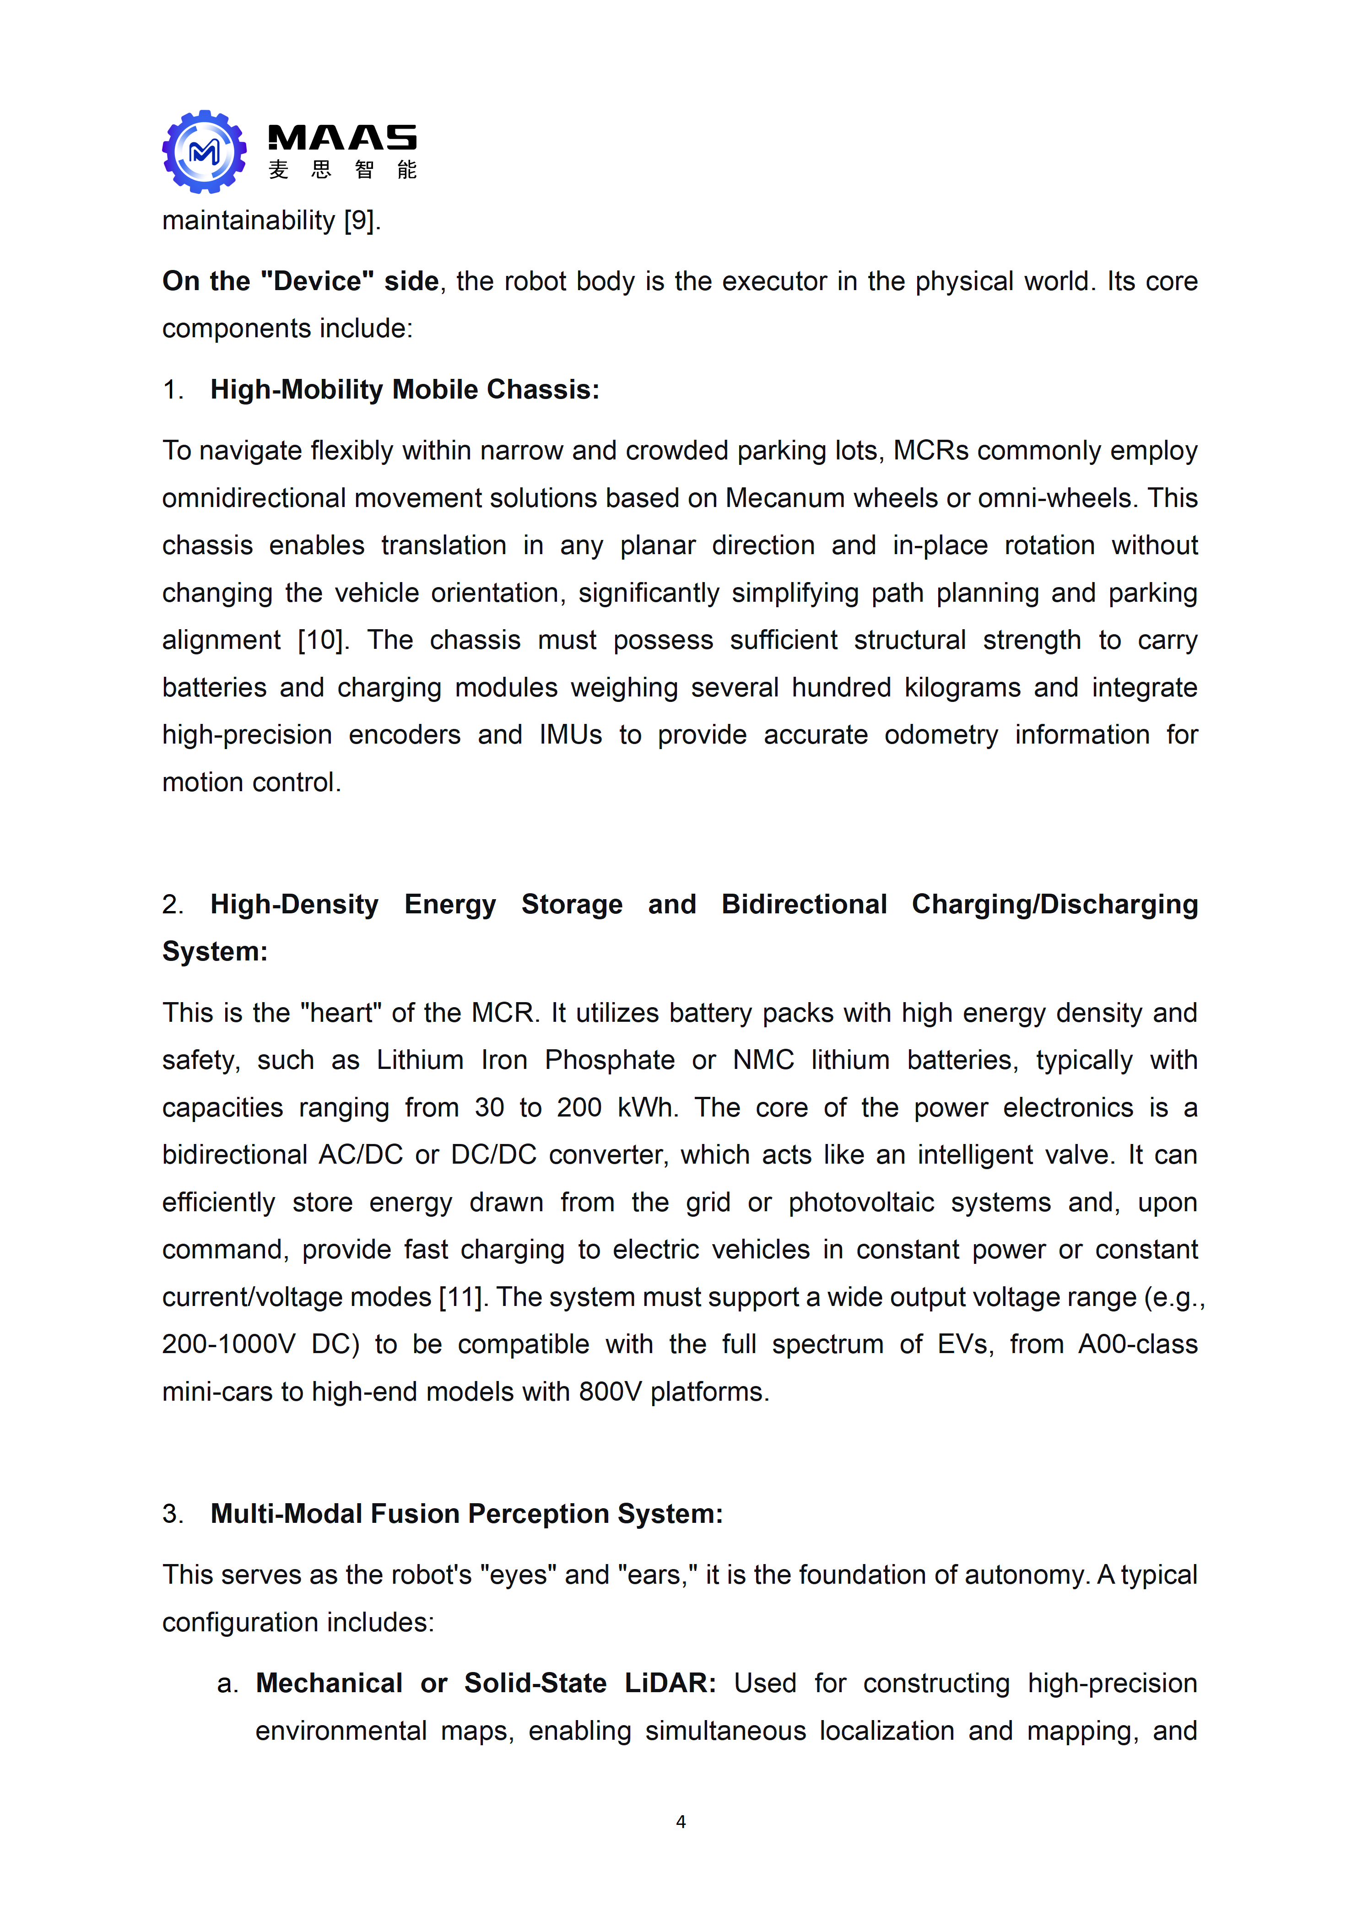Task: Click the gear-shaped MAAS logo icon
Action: (x=204, y=152)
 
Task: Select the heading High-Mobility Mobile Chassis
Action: (x=405, y=390)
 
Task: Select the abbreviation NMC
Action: (x=763, y=1060)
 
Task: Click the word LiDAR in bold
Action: (x=669, y=1683)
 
